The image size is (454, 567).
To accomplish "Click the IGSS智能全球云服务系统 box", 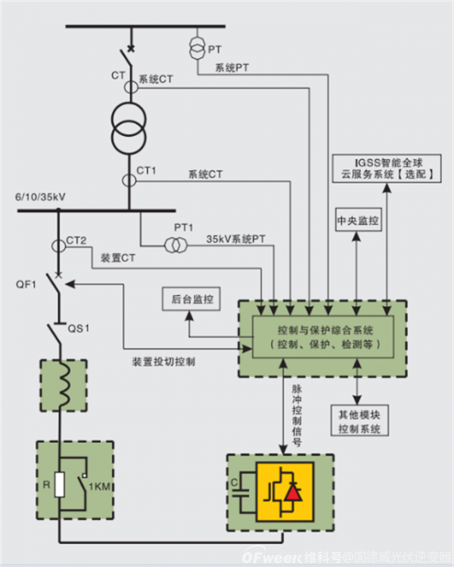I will tap(386, 167).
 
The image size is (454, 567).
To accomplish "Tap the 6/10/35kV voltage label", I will tap(40, 197).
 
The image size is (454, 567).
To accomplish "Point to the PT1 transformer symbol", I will tap(173, 245).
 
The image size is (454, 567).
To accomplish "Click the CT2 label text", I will tap(76, 240).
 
